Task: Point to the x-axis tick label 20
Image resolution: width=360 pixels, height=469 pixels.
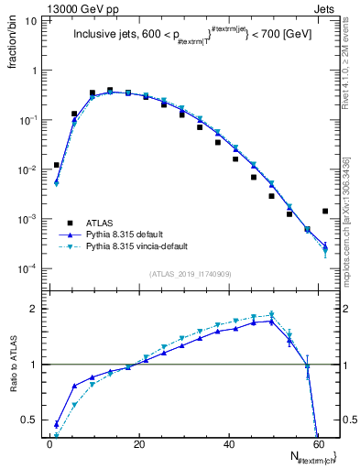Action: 138,444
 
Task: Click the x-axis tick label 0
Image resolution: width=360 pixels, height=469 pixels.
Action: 49,444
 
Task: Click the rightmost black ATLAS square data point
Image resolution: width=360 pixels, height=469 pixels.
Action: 325,211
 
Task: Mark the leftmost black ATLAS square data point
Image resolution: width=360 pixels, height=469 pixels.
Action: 57,165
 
